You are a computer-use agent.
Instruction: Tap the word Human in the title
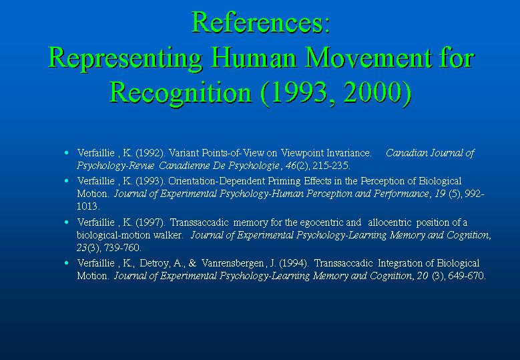coord(253,57)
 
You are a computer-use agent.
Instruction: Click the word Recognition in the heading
coord(180,94)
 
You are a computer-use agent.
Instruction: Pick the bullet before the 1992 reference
coord(67,153)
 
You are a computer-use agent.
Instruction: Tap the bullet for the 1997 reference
coord(67,222)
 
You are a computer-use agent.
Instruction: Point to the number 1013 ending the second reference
coord(87,206)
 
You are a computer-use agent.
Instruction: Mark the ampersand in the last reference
coord(192,263)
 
